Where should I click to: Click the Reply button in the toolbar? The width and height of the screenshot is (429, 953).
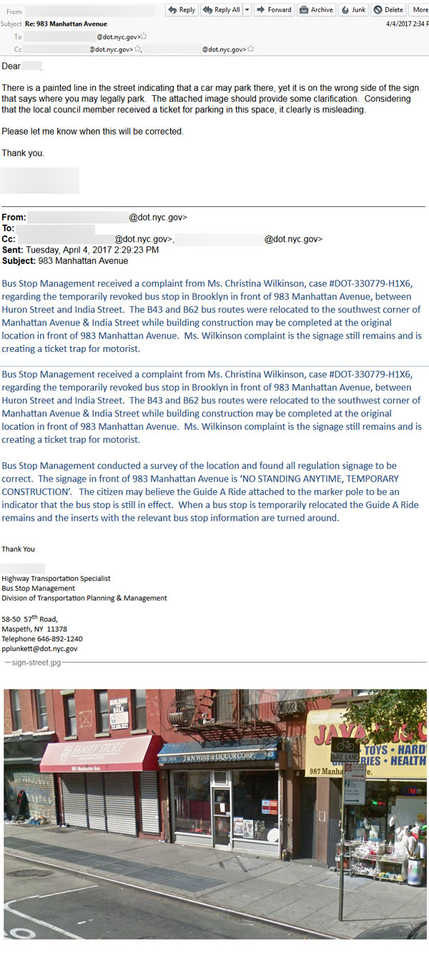point(181,10)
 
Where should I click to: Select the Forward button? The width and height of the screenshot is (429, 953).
point(274,10)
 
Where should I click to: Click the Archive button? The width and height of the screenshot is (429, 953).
point(316,10)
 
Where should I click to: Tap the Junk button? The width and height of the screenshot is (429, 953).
point(354,10)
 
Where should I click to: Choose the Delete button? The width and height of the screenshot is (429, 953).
point(389,10)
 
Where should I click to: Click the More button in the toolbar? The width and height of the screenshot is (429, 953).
point(419,10)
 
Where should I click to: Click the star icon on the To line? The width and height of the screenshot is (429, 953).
point(144,36)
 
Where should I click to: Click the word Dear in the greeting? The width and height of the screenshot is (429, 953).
point(11,67)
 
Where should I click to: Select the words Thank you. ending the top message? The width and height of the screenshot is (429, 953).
point(23,153)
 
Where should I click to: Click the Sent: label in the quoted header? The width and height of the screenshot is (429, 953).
point(12,250)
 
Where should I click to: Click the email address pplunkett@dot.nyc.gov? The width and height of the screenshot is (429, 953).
point(39,649)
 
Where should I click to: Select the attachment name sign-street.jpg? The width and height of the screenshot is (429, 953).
point(36,663)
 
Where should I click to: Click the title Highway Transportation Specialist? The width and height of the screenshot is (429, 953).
point(56,578)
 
